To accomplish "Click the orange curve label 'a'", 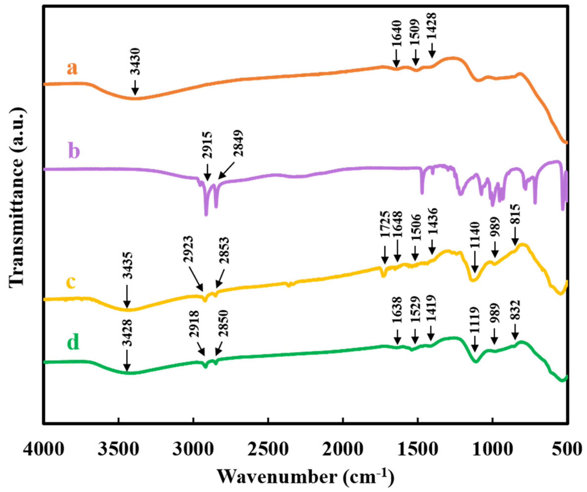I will click(72, 68).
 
